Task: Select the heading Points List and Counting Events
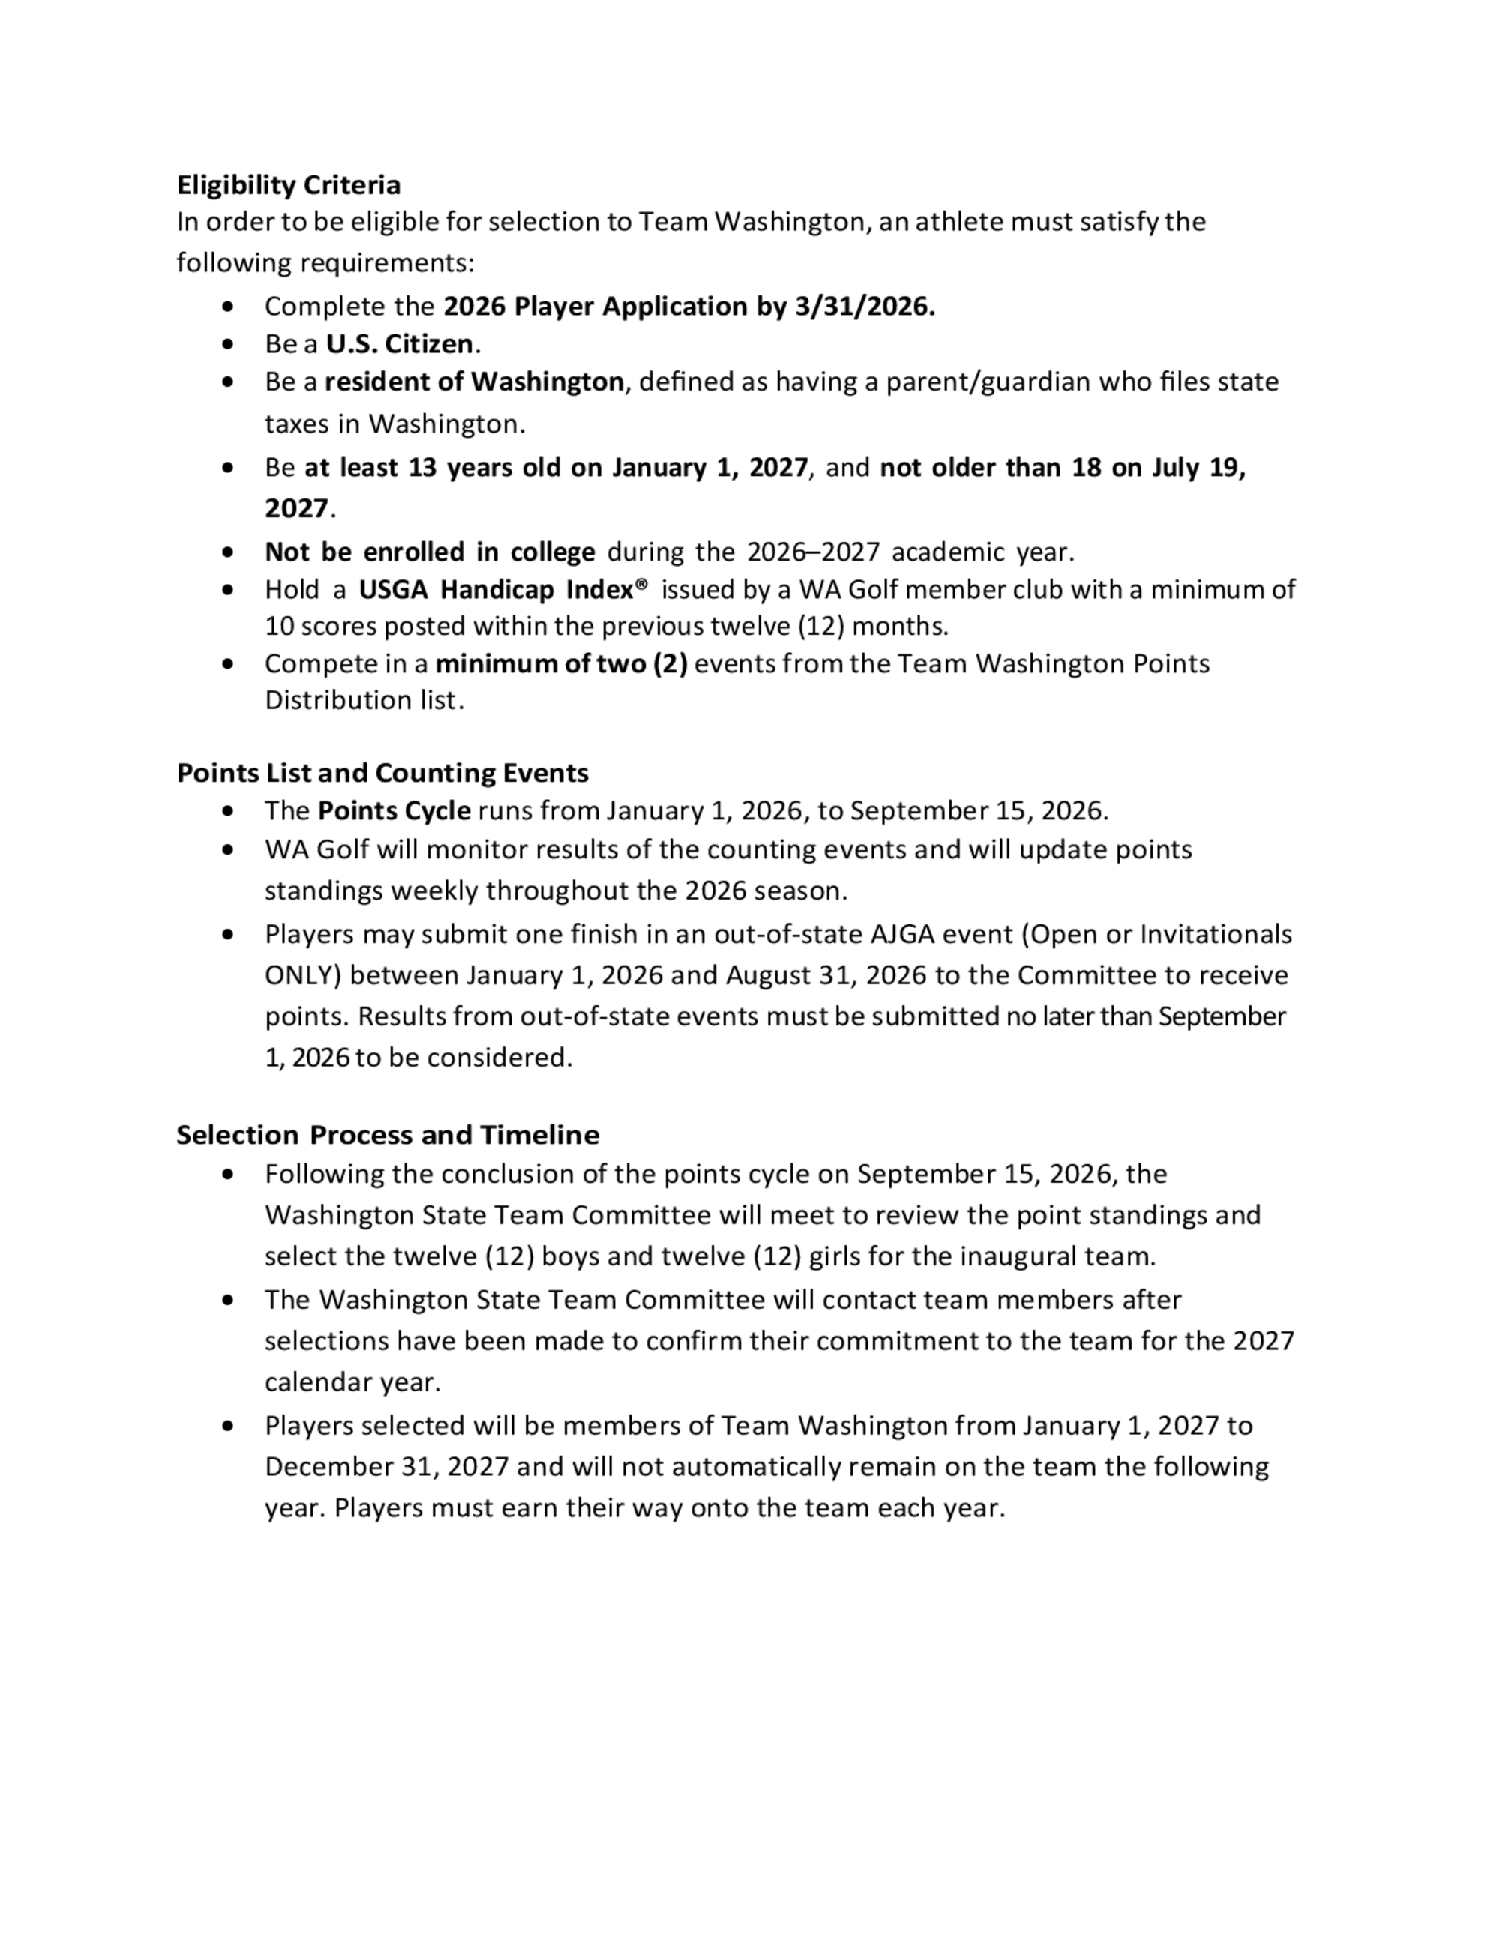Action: tap(382, 773)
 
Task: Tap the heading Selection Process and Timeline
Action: tap(388, 1135)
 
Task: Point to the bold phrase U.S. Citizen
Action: tap(400, 344)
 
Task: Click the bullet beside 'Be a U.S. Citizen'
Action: tap(229, 344)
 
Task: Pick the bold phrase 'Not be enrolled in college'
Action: tap(430, 552)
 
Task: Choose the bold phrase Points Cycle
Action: tap(394, 811)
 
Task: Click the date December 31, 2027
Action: tap(385, 1465)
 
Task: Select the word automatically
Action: tap(755, 1465)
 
